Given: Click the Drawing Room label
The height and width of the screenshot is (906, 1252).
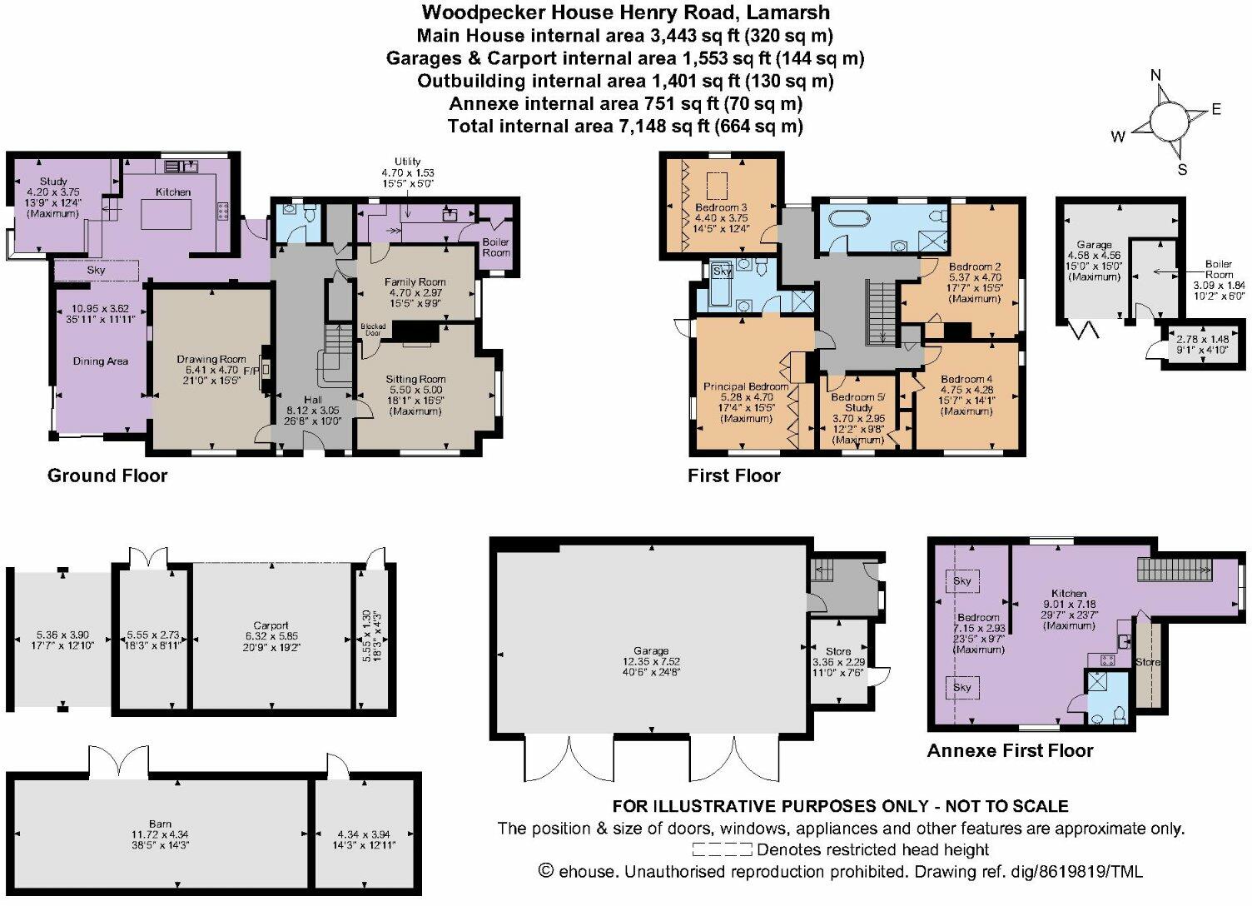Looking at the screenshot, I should pos(211,359).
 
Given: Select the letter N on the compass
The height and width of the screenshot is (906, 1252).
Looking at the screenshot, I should pos(1155,76).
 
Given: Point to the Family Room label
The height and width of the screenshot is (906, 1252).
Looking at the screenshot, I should pos(415,282).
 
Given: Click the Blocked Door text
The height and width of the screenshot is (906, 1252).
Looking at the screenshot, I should pos(373,330).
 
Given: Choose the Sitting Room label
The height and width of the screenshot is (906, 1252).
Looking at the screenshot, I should pos(415,379).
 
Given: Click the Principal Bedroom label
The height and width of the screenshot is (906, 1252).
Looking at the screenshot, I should pos(746,386).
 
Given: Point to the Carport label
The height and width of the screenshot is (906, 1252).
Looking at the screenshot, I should pos(271,625).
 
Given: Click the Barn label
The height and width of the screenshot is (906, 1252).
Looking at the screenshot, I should pos(161,824).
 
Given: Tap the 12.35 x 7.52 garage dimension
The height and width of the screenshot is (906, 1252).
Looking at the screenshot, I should pos(651,662).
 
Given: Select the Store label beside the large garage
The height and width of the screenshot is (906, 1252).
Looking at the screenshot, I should pos(838,651).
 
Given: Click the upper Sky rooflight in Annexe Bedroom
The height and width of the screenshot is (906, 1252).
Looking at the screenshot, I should pos(961,580).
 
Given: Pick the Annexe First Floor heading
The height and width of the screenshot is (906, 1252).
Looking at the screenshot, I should pos(1010,750).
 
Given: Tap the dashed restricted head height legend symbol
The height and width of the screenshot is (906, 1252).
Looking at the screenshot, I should pos(723,850).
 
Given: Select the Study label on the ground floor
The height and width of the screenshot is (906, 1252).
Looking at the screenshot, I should pos(53,181).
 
